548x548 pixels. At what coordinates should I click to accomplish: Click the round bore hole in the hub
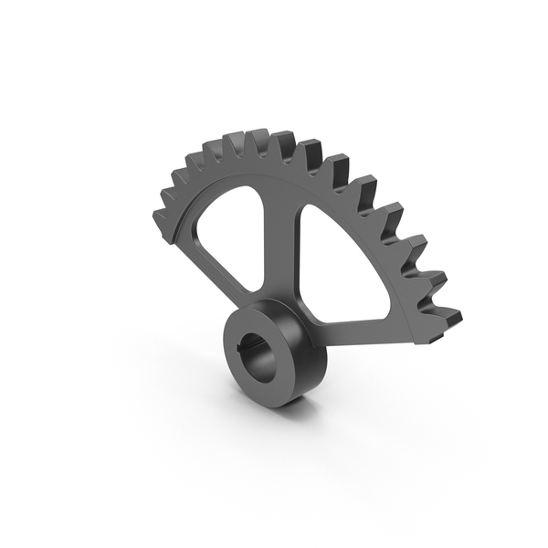(255, 352)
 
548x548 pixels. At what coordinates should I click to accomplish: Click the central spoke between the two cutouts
(277, 247)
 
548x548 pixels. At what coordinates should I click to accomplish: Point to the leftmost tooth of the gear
(161, 219)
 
